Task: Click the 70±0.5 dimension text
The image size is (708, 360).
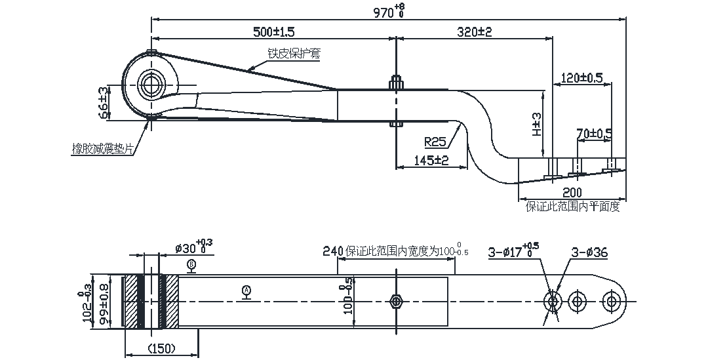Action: (x=594, y=134)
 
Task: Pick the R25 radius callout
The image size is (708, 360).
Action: (x=435, y=142)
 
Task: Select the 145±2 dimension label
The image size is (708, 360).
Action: (x=431, y=160)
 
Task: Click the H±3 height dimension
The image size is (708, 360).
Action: (x=537, y=123)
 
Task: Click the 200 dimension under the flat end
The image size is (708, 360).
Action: (x=572, y=193)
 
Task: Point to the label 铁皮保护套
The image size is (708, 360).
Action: (x=294, y=54)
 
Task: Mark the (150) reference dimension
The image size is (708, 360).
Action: (x=161, y=348)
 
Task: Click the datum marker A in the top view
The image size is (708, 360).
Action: (x=246, y=289)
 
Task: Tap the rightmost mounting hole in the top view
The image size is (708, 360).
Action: (x=613, y=301)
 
